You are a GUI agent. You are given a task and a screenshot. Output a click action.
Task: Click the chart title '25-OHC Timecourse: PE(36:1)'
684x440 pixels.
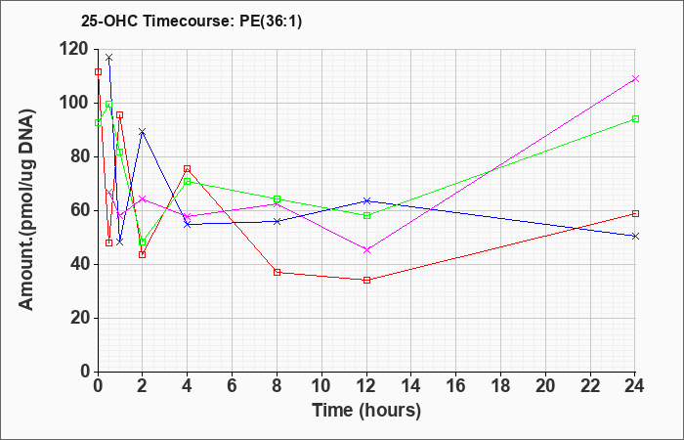pos(192,22)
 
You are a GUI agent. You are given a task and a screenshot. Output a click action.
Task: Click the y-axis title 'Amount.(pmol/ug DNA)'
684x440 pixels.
pos(27,209)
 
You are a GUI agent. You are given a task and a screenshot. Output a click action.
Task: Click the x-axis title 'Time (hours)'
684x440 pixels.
pos(366,411)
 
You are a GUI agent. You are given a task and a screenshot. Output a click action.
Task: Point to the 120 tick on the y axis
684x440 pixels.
pos(75,50)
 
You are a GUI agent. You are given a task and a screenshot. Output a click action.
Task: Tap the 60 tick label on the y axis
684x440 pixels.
pos(81,211)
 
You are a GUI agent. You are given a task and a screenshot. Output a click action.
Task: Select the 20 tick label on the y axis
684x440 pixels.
pos(81,318)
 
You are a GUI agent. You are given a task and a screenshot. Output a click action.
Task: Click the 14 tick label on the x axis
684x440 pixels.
pos(411,386)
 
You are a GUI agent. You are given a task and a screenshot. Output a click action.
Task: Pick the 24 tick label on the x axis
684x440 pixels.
pos(635,386)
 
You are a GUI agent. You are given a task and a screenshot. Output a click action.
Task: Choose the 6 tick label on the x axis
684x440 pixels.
pos(233,386)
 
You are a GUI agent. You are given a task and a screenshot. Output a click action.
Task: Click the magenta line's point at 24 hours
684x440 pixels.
pos(635,78)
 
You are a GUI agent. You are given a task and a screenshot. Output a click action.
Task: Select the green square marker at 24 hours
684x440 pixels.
pos(635,118)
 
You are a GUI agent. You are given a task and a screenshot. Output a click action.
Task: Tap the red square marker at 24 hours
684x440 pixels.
pos(635,213)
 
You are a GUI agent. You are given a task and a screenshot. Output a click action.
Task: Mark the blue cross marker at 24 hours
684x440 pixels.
pos(635,237)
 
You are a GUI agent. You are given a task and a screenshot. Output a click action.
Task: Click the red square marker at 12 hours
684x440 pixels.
pos(366,280)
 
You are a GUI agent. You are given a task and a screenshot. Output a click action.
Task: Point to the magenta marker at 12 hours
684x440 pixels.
pos(366,250)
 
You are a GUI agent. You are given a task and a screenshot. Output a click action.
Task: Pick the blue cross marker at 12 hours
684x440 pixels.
pos(366,200)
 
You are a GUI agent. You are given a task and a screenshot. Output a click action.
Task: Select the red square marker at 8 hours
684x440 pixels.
pos(277,273)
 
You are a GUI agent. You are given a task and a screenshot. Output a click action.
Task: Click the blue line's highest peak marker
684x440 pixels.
pos(109,58)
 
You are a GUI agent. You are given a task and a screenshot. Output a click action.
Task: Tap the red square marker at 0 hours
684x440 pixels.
pos(98,72)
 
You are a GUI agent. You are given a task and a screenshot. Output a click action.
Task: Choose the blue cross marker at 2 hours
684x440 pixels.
pos(143,131)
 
